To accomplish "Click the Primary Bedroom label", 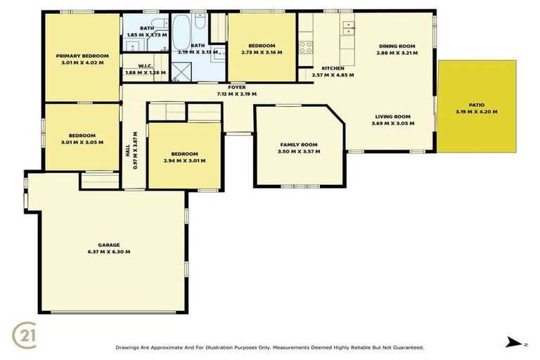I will point(83,56).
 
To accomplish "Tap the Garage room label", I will point(109,245).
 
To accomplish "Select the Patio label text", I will point(476,105).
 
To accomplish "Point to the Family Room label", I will point(300,144).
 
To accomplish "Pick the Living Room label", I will point(392,117).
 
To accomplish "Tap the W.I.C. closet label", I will point(145,65).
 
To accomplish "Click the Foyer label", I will point(236,87).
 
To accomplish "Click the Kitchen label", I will point(333,68).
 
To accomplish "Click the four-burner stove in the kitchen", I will point(306,47).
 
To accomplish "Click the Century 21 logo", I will point(25,335).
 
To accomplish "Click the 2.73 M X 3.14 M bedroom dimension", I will point(262,52).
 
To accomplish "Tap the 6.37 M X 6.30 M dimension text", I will point(109,252).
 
